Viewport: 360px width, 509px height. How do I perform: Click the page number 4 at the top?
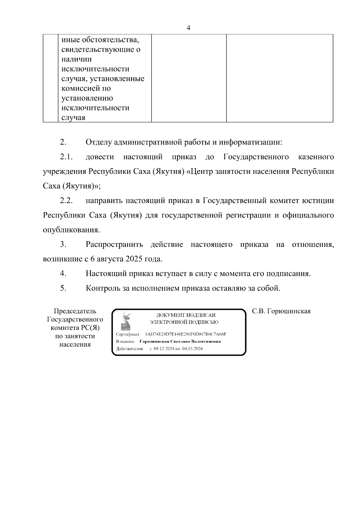click(188, 28)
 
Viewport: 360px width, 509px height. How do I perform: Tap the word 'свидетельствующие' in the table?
click(96, 49)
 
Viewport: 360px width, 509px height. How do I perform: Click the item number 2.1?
click(66, 157)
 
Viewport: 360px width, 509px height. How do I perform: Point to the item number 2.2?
click(66, 201)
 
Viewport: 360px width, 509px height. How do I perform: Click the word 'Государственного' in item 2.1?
click(256, 157)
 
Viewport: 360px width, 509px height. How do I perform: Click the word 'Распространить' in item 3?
click(114, 244)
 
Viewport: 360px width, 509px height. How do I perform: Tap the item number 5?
click(63, 288)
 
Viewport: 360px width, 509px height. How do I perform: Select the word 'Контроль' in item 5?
click(103, 288)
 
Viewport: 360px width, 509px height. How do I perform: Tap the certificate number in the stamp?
click(185, 334)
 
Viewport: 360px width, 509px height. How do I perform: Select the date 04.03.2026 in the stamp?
click(193, 349)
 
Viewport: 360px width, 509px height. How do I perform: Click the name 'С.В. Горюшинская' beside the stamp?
click(281, 311)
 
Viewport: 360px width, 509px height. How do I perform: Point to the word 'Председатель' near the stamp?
click(75, 311)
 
